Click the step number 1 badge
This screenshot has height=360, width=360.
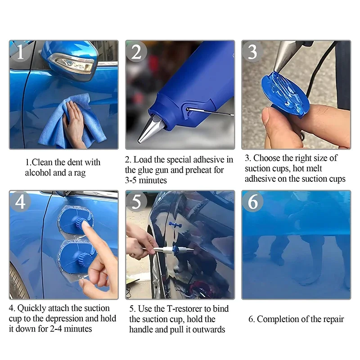click(20, 52)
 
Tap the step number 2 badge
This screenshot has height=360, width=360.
click(136, 52)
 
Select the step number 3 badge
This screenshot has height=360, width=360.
click(252, 52)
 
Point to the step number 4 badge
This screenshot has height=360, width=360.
click(20, 202)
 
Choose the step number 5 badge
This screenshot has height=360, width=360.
click(136, 202)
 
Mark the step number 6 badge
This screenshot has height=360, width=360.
click(252, 202)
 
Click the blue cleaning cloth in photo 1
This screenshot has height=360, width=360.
click(71, 121)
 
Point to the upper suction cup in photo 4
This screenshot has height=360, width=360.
click(75, 220)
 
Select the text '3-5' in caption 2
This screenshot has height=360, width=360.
click(131, 180)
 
